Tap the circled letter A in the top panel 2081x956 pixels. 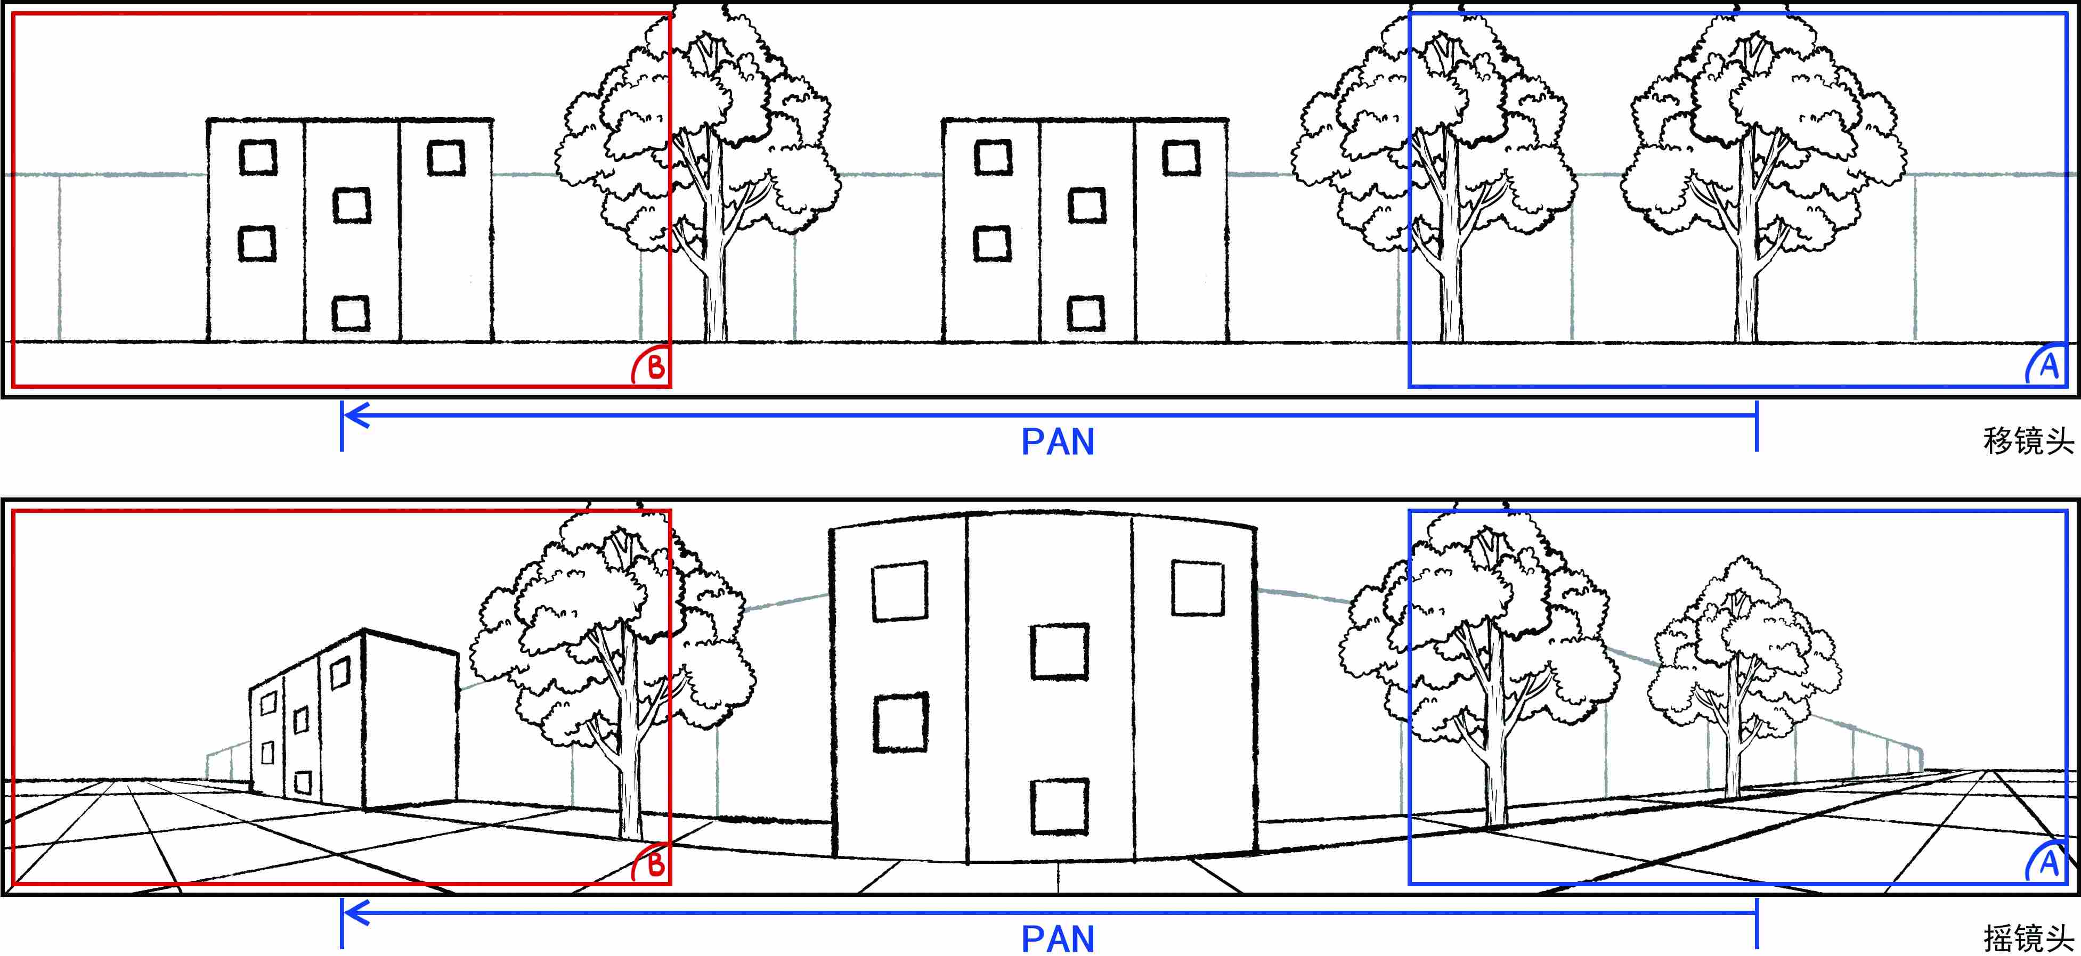tap(2049, 367)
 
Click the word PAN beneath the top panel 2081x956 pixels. tap(1058, 442)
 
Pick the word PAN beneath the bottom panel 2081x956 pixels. tap(1058, 939)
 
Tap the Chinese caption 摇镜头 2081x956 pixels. tap(2028, 938)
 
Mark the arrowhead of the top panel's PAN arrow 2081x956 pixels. tap(354, 416)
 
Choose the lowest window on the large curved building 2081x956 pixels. tap(1060, 806)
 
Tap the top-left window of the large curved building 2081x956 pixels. tap(899, 591)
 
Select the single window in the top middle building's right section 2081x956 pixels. tap(1180, 158)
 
